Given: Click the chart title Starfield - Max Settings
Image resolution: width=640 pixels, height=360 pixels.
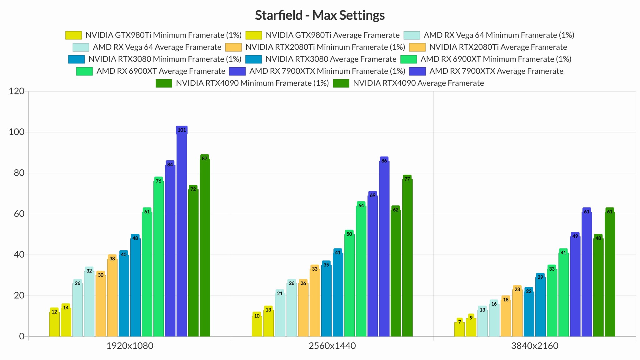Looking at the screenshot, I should (x=320, y=15).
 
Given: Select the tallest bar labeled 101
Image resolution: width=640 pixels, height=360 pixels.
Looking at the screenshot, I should (x=182, y=231).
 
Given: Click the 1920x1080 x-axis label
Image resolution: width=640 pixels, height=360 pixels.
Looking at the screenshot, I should (x=130, y=346).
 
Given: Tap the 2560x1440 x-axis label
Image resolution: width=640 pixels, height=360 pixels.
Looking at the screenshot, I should (x=332, y=346).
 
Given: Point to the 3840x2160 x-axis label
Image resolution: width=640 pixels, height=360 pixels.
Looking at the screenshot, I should (x=535, y=346).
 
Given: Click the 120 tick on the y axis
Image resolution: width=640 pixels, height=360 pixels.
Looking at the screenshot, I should (x=17, y=91).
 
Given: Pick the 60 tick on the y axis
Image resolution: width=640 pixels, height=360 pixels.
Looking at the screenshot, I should (x=19, y=214).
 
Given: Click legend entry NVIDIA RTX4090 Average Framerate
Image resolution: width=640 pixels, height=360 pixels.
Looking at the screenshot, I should (x=418, y=83).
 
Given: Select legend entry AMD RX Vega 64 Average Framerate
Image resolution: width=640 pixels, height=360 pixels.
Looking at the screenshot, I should (x=157, y=47).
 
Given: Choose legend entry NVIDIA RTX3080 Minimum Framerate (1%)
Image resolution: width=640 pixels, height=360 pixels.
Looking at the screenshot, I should (x=165, y=59).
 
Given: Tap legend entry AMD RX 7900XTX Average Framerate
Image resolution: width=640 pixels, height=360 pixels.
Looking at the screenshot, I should (x=496, y=71).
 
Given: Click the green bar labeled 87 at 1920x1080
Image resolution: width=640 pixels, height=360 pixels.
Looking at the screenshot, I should (x=205, y=247).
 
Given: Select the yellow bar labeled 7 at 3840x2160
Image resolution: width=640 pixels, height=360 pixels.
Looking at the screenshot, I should (x=459, y=329).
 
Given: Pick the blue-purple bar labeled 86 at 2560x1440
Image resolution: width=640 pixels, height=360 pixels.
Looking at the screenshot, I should (x=384, y=248).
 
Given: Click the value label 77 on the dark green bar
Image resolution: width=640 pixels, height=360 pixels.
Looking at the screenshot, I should (x=407, y=179).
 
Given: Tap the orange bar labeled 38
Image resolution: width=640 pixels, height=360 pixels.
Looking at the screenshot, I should (x=112, y=297).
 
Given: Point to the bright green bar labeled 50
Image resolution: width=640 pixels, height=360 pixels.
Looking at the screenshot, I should (x=349, y=284).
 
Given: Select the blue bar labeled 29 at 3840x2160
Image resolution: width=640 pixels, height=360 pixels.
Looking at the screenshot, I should (x=540, y=306).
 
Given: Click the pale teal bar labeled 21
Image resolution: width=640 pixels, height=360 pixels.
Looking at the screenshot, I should (x=280, y=314).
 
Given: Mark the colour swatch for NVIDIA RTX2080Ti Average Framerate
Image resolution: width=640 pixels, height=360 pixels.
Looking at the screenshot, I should (x=417, y=47).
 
